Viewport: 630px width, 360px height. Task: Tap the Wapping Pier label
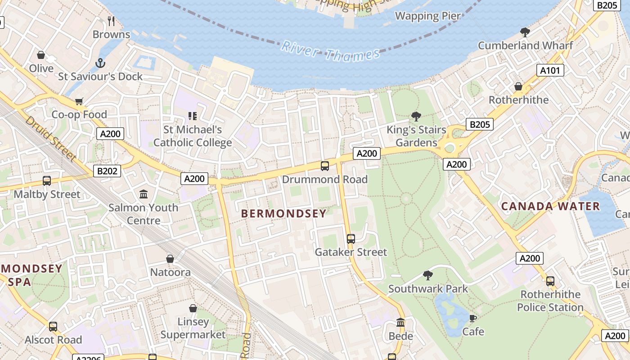click(427, 16)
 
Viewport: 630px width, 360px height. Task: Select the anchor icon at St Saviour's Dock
click(100, 63)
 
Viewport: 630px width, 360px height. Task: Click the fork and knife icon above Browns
click(111, 21)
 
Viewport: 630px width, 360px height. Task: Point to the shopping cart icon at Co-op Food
click(79, 101)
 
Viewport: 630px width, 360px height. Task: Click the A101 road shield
click(550, 70)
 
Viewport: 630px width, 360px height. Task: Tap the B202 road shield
click(107, 171)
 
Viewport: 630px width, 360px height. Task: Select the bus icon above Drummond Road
click(324, 166)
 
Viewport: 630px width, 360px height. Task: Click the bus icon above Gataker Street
click(351, 239)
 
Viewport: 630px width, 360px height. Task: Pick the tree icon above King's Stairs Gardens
click(416, 117)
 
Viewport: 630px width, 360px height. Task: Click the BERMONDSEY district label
click(283, 214)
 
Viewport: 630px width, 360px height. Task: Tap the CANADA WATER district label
click(550, 207)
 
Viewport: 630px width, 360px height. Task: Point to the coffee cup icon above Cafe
click(473, 318)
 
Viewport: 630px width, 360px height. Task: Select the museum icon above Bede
click(400, 323)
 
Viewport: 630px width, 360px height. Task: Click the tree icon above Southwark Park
click(428, 275)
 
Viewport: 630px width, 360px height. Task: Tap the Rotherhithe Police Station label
click(550, 301)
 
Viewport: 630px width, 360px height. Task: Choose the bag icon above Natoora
click(170, 259)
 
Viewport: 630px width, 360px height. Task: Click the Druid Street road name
click(50, 138)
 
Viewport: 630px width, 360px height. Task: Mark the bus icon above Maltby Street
click(47, 181)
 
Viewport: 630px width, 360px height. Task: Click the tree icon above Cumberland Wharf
click(525, 32)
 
